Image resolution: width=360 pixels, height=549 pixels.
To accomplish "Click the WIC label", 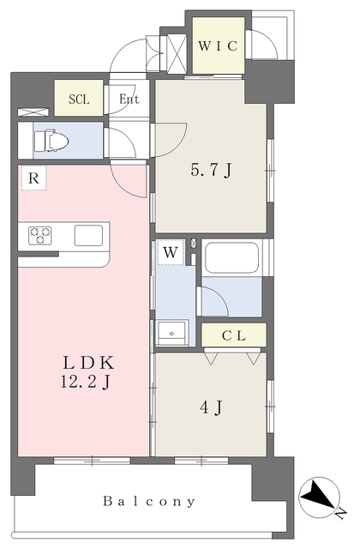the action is click(x=218, y=45).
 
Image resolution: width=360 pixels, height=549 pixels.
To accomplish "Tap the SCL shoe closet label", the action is click(x=79, y=100).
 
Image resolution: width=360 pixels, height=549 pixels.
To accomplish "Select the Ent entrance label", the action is click(x=129, y=100).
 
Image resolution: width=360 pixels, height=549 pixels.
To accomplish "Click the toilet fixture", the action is click(x=51, y=141).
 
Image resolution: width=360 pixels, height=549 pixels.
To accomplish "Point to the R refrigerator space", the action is click(x=33, y=178).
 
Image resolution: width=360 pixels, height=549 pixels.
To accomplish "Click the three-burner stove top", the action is click(x=40, y=235).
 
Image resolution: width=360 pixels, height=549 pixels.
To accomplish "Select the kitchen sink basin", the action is click(x=88, y=235).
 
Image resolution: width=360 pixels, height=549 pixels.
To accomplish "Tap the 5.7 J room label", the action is click(x=211, y=171).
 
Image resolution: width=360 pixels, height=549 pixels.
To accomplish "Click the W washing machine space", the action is click(x=171, y=252).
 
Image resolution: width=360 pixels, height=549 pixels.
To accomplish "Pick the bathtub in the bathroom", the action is click(x=232, y=257).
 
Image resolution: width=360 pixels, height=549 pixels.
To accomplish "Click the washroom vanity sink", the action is click(x=171, y=333).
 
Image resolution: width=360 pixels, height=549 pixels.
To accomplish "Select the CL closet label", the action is click(x=234, y=335).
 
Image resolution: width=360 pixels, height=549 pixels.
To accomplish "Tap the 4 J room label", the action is click(x=211, y=407).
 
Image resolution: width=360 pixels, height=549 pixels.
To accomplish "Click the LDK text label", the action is click(x=88, y=363).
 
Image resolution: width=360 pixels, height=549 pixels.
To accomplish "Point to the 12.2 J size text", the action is click(x=86, y=381).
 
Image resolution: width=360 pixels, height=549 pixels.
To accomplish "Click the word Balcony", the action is click(x=148, y=501).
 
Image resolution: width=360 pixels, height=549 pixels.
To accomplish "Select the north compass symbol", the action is click(x=320, y=498).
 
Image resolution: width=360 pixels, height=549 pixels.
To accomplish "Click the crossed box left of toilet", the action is click(x=33, y=112).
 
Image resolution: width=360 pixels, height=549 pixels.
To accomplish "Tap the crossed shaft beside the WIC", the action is click(x=177, y=53).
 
